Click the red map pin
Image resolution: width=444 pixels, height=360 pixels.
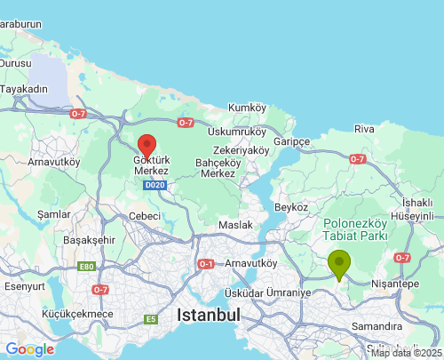(x=147, y=145)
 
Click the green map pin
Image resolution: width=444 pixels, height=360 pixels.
(x=339, y=264)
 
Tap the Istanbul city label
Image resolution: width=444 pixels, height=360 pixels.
(x=209, y=316)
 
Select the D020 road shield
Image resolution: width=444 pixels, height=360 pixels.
(x=155, y=185)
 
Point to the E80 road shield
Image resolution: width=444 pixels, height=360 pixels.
(x=86, y=267)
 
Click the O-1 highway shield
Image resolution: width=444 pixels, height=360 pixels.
(x=206, y=264)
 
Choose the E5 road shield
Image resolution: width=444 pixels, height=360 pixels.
(x=151, y=319)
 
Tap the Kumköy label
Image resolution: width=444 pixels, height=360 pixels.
(x=247, y=108)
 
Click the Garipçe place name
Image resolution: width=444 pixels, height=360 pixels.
(x=291, y=142)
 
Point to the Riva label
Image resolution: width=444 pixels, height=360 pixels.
(x=364, y=129)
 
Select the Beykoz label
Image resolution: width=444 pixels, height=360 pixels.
(x=291, y=207)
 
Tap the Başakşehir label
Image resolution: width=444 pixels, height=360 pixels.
(x=90, y=240)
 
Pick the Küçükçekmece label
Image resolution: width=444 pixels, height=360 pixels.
(x=77, y=314)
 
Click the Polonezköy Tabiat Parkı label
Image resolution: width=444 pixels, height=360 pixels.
(x=353, y=230)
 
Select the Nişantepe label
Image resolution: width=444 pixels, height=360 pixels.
(x=396, y=284)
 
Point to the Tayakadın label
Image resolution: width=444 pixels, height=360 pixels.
(x=23, y=89)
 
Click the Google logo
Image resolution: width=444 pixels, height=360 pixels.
(x=29, y=349)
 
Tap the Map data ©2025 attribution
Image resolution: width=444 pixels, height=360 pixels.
(x=406, y=353)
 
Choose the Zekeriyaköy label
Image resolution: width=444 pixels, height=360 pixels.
(x=241, y=150)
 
